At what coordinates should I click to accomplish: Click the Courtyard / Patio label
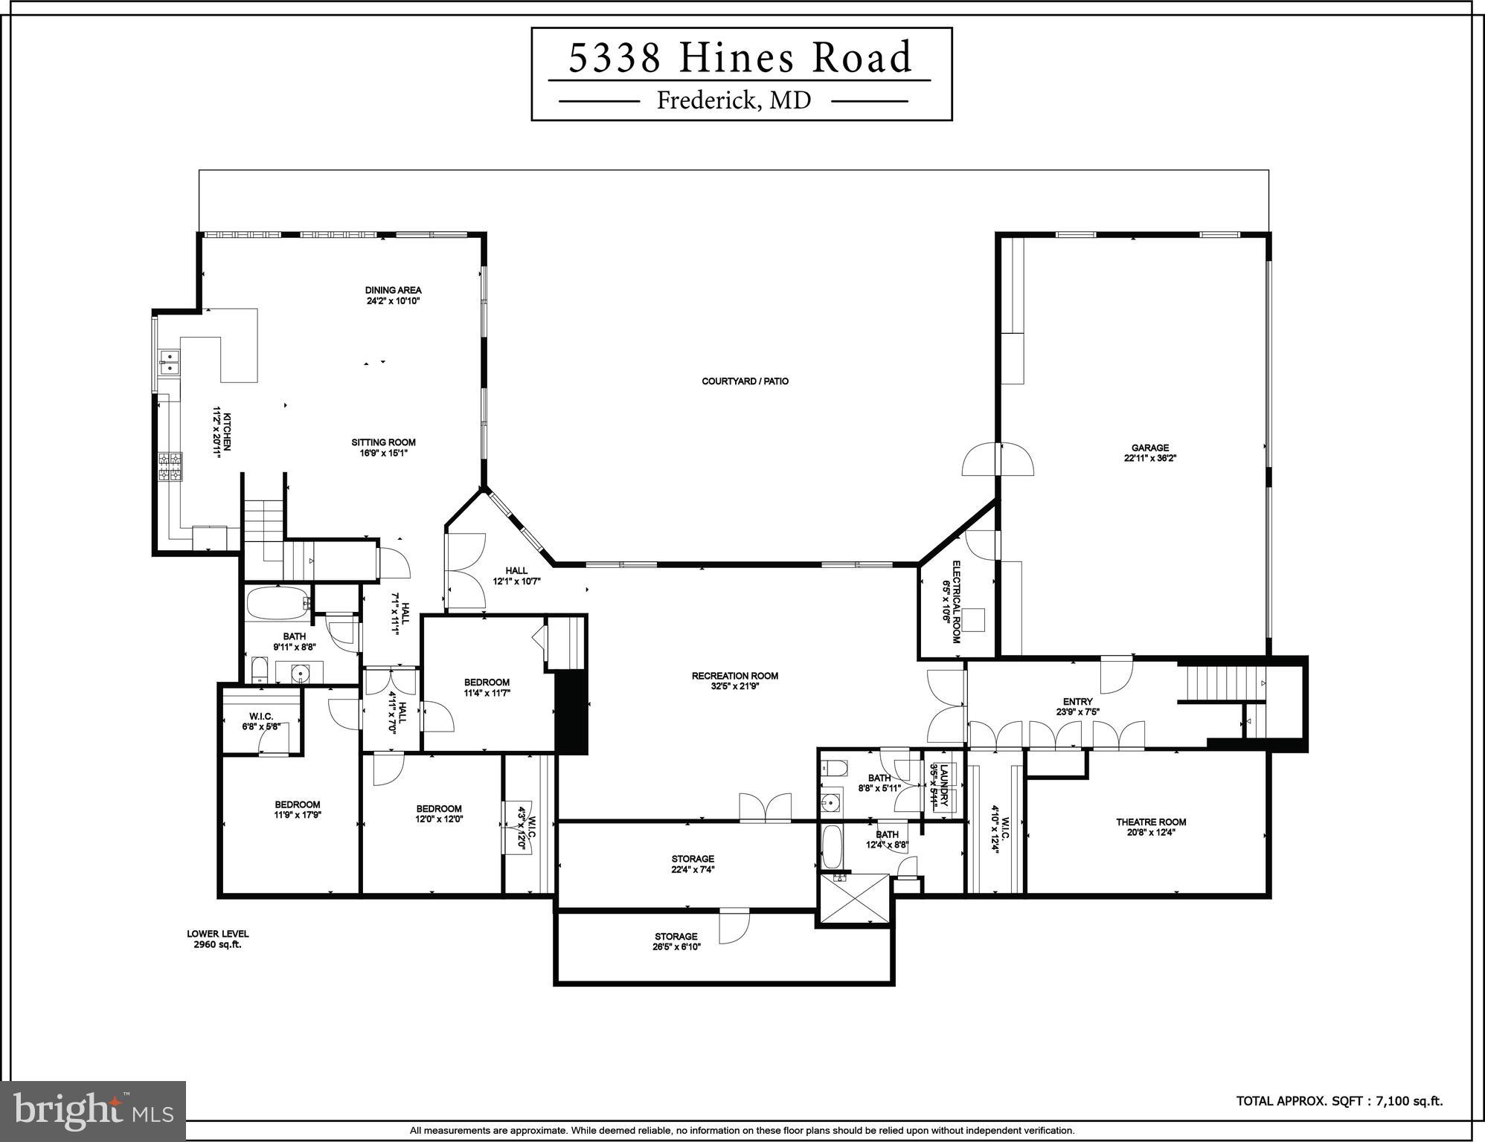(x=745, y=381)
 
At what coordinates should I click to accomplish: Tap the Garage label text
(x=1149, y=448)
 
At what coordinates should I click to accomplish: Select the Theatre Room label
(x=1150, y=822)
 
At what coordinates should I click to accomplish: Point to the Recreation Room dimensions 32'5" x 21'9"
(x=734, y=686)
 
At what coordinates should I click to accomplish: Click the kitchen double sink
(x=170, y=362)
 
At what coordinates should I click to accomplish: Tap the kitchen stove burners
(x=170, y=468)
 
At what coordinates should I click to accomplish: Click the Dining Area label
(x=393, y=290)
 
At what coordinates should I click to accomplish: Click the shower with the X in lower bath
(x=855, y=899)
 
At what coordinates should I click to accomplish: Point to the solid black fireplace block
(x=571, y=712)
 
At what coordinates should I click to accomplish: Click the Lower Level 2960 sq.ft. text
(x=217, y=939)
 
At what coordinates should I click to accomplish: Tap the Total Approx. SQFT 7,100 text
(x=1339, y=1101)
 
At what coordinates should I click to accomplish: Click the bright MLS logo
(x=93, y=1112)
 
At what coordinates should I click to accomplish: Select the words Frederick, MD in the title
(x=734, y=100)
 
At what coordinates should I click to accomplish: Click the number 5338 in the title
(x=615, y=59)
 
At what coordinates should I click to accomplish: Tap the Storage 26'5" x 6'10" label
(x=676, y=941)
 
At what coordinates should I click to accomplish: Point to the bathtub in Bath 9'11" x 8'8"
(x=276, y=604)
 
